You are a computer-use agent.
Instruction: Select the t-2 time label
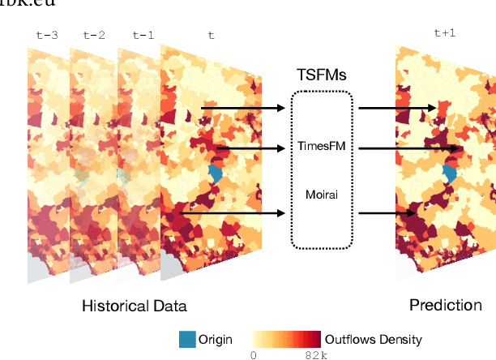click(x=95, y=36)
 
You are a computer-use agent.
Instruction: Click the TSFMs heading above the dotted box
click(x=322, y=75)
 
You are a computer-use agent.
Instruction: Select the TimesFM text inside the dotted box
click(x=322, y=148)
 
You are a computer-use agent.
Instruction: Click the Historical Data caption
click(x=134, y=306)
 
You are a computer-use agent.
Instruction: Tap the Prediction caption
click(x=445, y=305)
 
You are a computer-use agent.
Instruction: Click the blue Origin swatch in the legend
click(x=187, y=339)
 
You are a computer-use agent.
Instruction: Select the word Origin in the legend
click(x=216, y=340)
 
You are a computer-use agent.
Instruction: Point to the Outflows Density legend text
click(x=373, y=340)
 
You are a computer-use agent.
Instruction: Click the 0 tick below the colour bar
click(x=253, y=354)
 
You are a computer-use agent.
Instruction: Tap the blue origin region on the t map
click(x=216, y=173)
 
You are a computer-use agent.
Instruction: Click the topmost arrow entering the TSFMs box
click(x=243, y=107)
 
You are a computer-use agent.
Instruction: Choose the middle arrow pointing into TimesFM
click(x=251, y=148)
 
